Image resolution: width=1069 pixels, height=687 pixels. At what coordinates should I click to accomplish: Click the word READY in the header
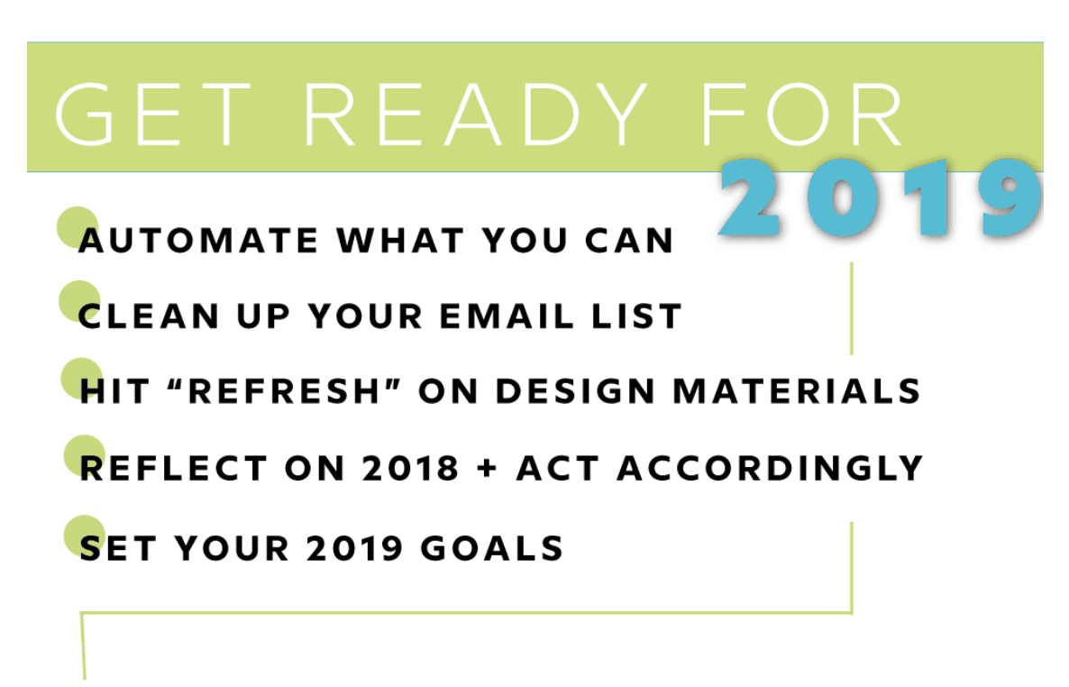[475, 114]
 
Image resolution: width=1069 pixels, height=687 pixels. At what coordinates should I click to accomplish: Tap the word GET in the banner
[152, 114]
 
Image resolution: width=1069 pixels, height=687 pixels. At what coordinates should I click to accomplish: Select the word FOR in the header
[802, 114]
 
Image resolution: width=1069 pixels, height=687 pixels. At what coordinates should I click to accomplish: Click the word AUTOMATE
[198, 241]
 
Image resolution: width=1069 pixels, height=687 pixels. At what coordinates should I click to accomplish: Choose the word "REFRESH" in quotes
[284, 391]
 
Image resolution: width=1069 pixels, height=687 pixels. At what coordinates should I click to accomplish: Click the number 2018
[410, 469]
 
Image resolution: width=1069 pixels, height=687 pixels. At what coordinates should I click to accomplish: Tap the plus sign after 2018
[488, 470]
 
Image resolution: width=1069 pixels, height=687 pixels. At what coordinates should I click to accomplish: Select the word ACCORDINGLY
[770, 469]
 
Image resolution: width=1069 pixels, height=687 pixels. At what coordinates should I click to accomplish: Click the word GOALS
[491, 548]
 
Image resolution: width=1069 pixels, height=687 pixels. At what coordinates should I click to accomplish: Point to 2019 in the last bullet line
[354, 548]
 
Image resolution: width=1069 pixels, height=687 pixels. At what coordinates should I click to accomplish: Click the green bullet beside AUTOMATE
[78, 227]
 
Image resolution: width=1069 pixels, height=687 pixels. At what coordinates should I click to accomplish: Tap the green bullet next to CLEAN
[79, 301]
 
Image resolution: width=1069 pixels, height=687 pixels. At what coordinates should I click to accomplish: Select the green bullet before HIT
[82, 379]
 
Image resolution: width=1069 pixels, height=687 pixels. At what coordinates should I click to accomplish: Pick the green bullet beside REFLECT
[84, 455]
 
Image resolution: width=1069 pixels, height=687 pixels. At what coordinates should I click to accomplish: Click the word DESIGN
[575, 391]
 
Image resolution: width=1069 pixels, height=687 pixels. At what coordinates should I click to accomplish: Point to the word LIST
[636, 316]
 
